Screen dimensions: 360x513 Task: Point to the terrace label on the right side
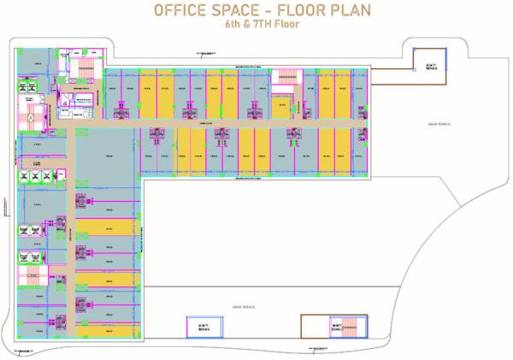[x=438, y=124]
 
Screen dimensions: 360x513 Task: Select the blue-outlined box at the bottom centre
[x=203, y=326]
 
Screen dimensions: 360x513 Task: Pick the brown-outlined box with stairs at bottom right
[x=327, y=326]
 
